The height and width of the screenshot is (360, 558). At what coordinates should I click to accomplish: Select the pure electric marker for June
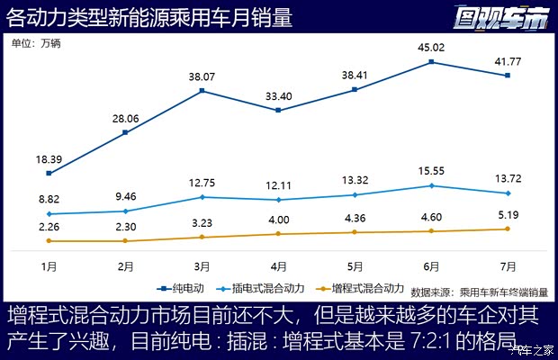click(x=432, y=62)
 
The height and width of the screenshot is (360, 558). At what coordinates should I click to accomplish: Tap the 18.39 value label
click(x=49, y=158)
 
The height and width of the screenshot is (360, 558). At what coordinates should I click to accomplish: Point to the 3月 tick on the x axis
click(x=202, y=266)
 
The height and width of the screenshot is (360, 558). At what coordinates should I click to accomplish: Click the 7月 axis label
click(x=508, y=266)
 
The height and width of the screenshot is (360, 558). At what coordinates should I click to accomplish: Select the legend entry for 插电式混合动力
click(x=261, y=288)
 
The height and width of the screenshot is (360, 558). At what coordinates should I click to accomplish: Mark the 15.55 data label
click(x=432, y=170)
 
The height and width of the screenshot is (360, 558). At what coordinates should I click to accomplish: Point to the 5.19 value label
click(x=508, y=214)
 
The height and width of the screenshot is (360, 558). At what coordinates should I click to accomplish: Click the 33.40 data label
click(x=279, y=96)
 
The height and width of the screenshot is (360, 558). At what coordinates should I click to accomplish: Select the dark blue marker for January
click(x=49, y=173)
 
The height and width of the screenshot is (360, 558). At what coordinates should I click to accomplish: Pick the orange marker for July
click(x=508, y=229)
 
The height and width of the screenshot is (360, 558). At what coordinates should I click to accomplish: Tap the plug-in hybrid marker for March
click(x=202, y=197)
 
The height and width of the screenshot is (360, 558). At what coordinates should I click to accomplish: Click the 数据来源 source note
click(x=479, y=292)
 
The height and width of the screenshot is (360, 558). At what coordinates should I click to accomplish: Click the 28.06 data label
click(x=126, y=118)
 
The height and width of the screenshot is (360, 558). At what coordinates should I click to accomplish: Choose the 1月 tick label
click(x=49, y=266)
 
